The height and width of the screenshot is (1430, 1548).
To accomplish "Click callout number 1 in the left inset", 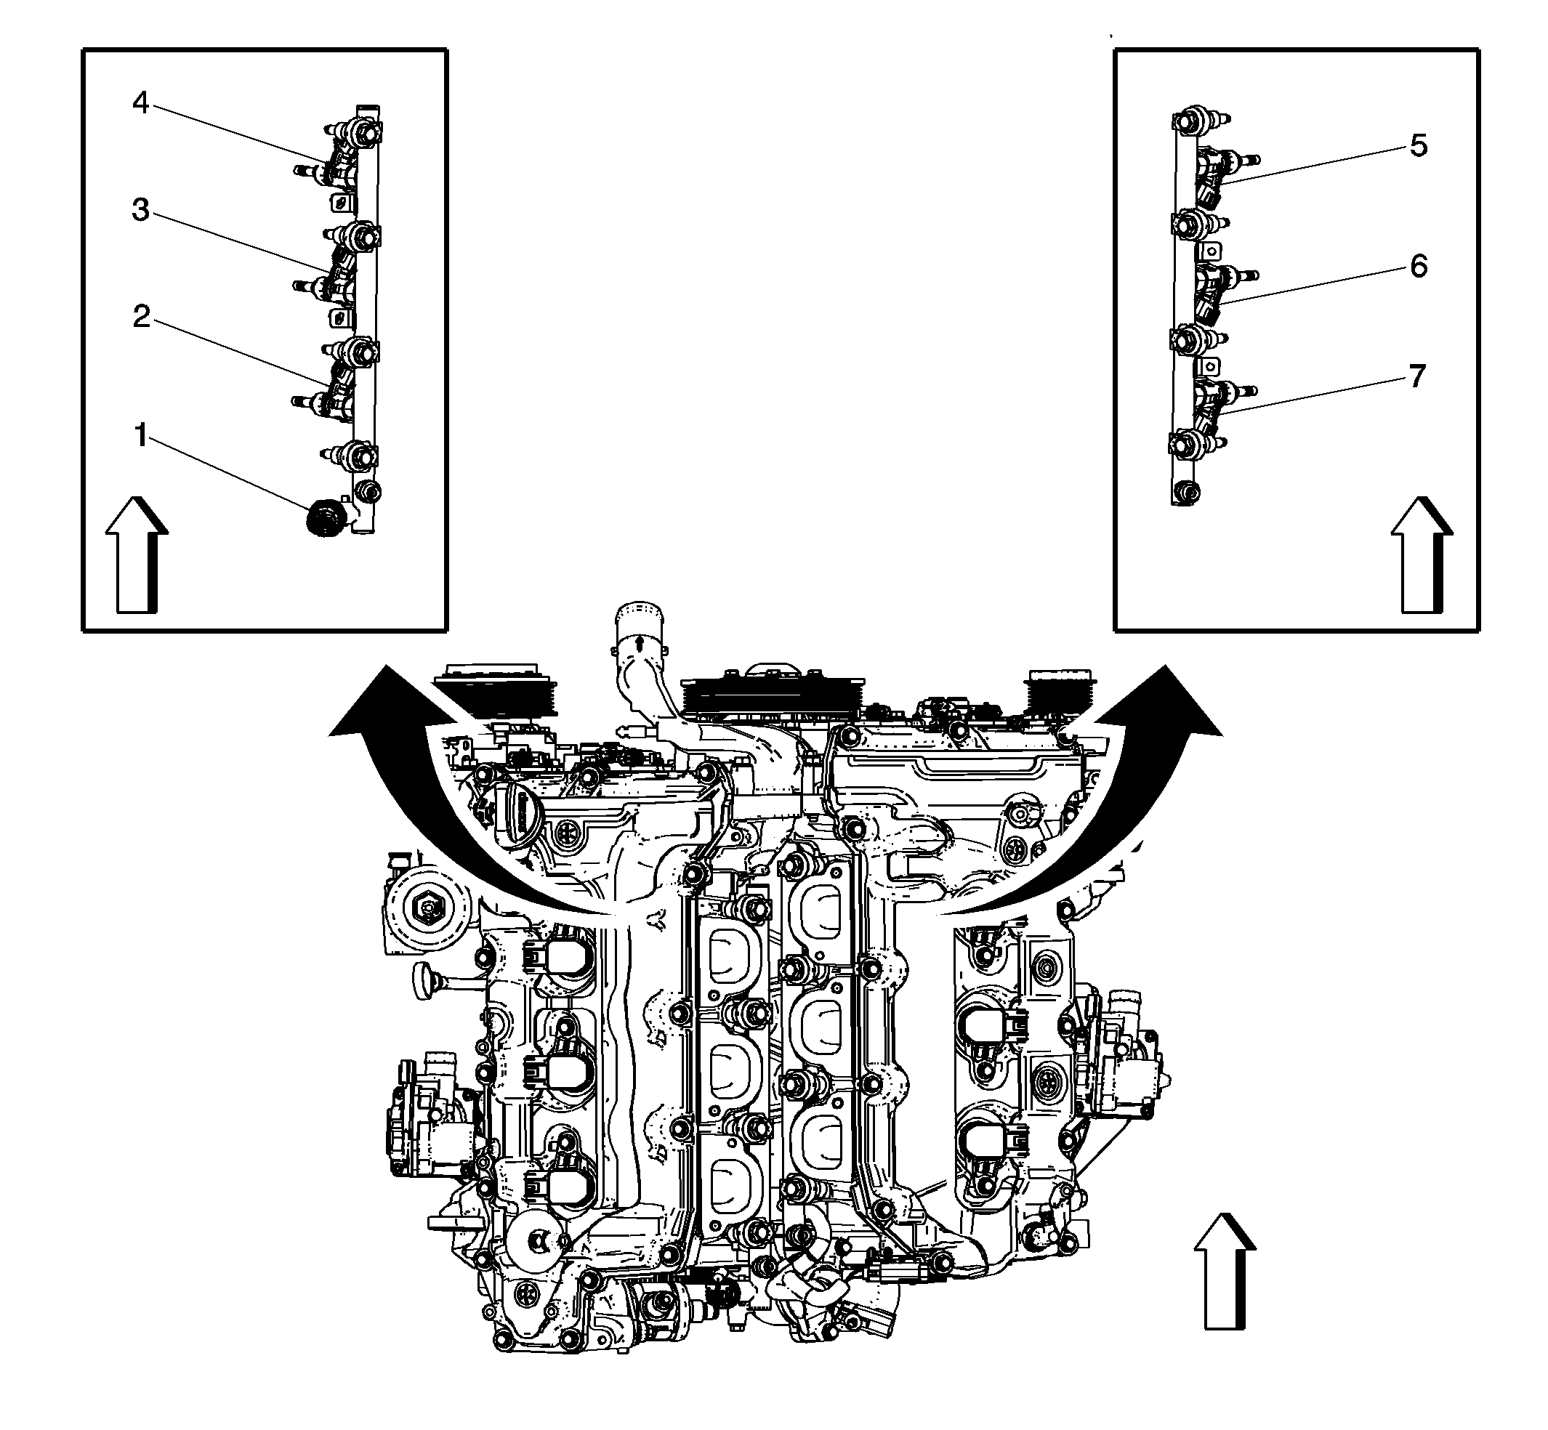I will pos(141,437).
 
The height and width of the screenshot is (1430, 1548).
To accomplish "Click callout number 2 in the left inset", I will pos(141,317).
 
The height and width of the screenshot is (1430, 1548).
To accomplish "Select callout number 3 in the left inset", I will pos(140,211).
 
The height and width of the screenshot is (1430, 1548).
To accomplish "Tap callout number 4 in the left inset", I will pos(140,103).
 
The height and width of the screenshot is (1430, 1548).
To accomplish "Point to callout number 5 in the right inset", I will pos(1418,145).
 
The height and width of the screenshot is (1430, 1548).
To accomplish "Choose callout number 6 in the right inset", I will pos(1418,266).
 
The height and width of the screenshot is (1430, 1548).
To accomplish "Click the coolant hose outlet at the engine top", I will pos(639,631).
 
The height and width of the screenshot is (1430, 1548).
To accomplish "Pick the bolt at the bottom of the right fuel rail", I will pos(1185,491).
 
